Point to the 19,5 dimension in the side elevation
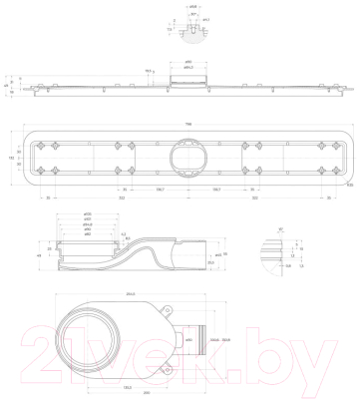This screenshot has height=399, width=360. tap(149, 71)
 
